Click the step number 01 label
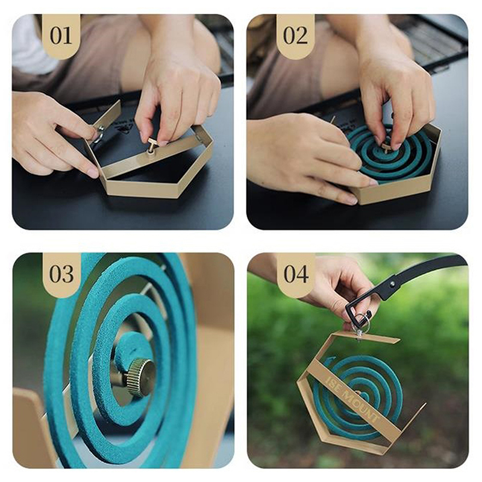[x=61, y=36]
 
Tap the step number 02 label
[x=295, y=36]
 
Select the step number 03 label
[x=61, y=274]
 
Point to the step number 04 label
[x=296, y=274]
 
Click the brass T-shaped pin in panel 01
[x=151, y=145]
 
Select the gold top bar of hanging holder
[x=366, y=336]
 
